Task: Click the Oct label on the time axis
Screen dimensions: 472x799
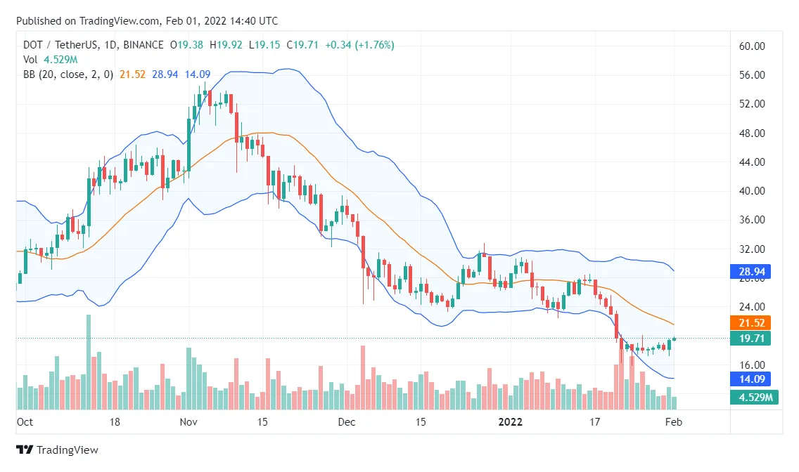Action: [25, 422]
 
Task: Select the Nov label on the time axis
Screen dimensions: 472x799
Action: [188, 422]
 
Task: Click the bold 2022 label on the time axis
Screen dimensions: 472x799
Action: [511, 422]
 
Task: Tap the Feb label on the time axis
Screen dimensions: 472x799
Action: [674, 422]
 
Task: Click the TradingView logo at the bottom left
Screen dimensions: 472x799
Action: [57, 450]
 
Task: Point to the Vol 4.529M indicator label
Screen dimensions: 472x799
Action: [48, 60]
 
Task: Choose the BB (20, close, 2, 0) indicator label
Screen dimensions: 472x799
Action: [69, 74]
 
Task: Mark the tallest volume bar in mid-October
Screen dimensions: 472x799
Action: [89, 362]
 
